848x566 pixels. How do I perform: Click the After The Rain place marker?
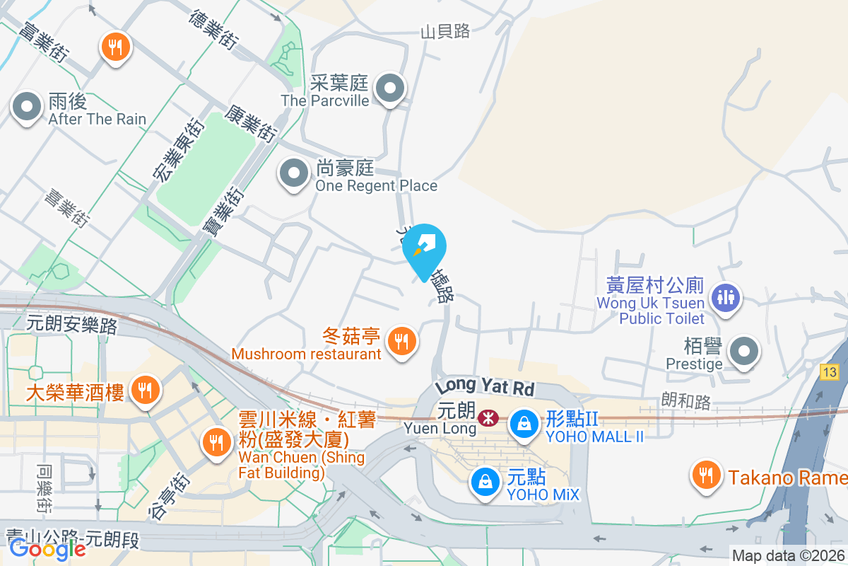pyautogui.click(x=27, y=108)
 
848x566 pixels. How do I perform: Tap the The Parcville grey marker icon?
pyautogui.click(x=389, y=90)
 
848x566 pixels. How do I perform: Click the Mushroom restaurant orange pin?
pyautogui.click(x=402, y=342)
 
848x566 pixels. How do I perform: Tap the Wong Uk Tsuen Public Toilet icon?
pyautogui.click(x=726, y=296)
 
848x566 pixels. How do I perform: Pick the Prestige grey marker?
pyautogui.click(x=743, y=352)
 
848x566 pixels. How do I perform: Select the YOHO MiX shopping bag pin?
pyautogui.click(x=485, y=483)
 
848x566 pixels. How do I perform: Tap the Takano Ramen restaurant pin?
pyautogui.click(x=705, y=475)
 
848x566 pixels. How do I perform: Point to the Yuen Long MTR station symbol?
pyautogui.click(x=487, y=418)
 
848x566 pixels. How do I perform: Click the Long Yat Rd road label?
pyautogui.click(x=486, y=387)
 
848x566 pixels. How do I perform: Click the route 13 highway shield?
pyautogui.click(x=830, y=371)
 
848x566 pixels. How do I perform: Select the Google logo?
pyautogui.click(x=47, y=548)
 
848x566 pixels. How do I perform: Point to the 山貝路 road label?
pyautogui.click(x=445, y=31)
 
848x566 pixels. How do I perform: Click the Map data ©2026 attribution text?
pyautogui.click(x=788, y=556)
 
